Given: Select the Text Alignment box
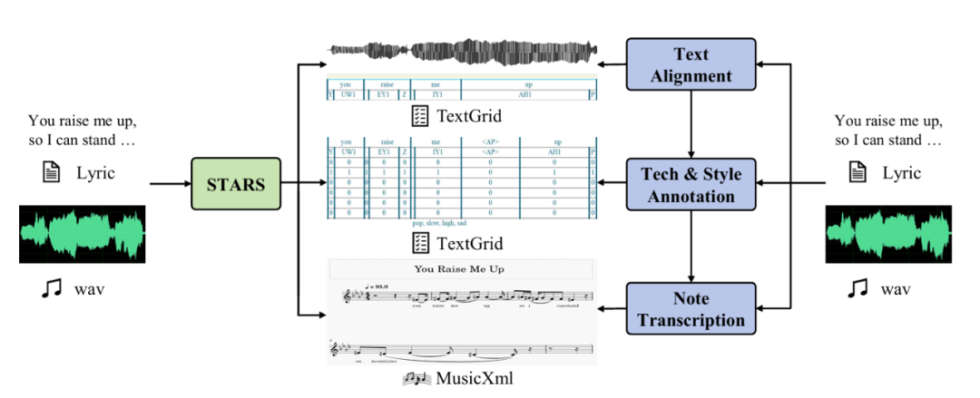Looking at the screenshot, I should pyautogui.click(x=691, y=65).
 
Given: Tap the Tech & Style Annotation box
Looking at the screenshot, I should pyautogui.click(x=691, y=184).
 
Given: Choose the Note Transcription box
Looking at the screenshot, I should pyautogui.click(x=691, y=309).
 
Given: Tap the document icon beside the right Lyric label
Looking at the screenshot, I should pyautogui.click(x=856, y=173).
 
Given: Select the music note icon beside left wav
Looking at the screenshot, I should pyautogui.click(x=49, y=289).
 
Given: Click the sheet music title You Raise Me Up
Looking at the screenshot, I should pyautogui.click(x=459, y=268).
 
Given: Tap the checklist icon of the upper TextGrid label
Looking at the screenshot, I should pyautogui.click(x=419, y=116).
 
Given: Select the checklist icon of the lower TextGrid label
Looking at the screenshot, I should pyautogui.click(x=419, y=243).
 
